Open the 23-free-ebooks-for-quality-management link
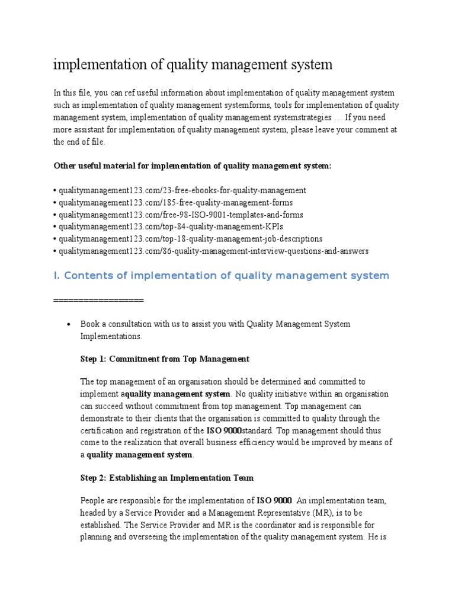click(181, 190)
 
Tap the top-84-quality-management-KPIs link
click(168, 226)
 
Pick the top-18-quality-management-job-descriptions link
click(190, 239)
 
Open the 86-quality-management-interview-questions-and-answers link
click(212, 251)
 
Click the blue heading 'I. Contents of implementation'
click(221, 276)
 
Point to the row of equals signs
click(98, 300)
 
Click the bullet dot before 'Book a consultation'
click(69, 325)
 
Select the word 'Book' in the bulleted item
click(89, 324)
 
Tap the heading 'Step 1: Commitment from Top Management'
click(165, 359)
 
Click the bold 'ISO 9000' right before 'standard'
click(223, 430)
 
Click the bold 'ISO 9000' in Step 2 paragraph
click(274, 501)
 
